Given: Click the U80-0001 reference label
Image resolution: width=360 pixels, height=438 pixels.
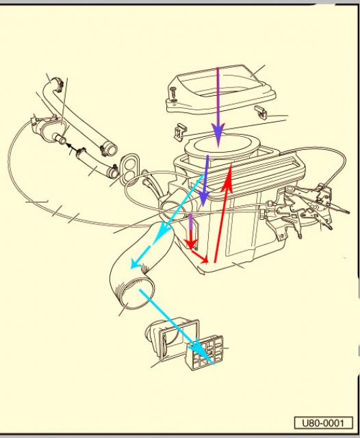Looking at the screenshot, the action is point(324,423).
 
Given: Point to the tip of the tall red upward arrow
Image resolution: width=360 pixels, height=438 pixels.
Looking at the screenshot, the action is point(231,164).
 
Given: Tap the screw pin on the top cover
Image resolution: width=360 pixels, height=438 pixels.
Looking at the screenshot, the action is point(173,94).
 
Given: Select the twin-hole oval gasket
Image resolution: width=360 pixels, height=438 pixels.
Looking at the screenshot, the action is point(129,168).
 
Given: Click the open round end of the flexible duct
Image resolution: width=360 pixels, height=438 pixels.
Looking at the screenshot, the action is point(138,294).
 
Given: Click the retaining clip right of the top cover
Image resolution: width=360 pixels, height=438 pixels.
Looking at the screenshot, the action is point(261,112).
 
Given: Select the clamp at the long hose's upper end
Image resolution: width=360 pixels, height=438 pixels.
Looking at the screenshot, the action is point(57,83).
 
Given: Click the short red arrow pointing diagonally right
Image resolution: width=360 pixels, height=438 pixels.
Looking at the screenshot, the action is point(199,257).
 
